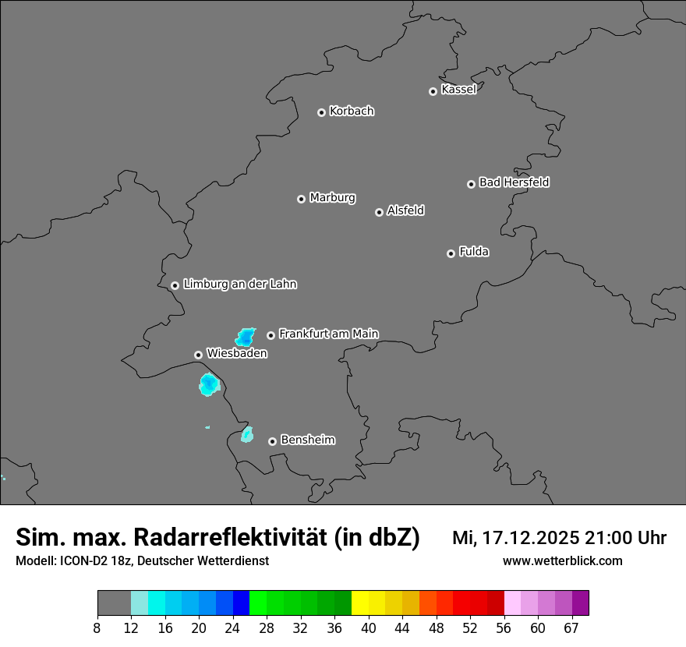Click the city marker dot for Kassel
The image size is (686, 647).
pyautogui.click(x=433, y=91)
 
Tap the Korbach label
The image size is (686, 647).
pyautogui.click(x=352, y=111)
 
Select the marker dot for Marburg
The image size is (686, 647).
pyautogui.click(x=301, y=199)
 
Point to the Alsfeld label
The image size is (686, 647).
pyautogui.click(x=405, y=211)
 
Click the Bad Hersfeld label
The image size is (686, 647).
pyautogui.click(x=514, y=183)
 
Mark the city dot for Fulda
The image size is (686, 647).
pyautogui.click(x=451, y=253)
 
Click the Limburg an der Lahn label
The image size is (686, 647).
pyautogui.click(x=239, y=285)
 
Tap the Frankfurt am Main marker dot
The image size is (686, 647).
pyautogui.click(x=271, y=335)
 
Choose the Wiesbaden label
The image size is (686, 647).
pyautogui.click(x=237, y=354)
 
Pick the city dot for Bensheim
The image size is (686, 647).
pyautogui.click(x=272, y=441)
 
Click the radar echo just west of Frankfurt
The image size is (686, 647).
pyautogui.click(x=246, y=337)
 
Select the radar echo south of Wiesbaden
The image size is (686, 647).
pyautogui.click(x=208, y=384)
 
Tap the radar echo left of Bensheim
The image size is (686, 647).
pyautogui.click(x=247, y=434)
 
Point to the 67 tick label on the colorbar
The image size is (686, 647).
pyautogui.click(x=572, y=628)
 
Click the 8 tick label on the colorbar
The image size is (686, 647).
pyautogui.click(x=97, y=628)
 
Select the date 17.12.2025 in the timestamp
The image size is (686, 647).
pyautogui.click(x=529, y=538)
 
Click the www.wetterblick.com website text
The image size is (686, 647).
pyautogui.click(x=562, y=561)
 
